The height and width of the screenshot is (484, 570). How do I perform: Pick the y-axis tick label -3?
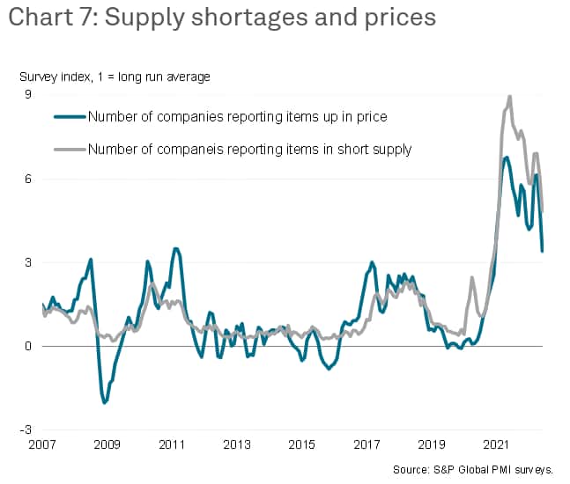[x=26, y=429]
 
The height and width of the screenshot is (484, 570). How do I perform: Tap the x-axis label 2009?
[x=107, y=445]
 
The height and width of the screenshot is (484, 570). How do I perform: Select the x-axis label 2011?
[x=173, y=445]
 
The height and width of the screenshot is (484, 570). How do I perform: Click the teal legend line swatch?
[x=70, y=116]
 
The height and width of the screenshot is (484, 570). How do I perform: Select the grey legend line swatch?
[x=70, y=150]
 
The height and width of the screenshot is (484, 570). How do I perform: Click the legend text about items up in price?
[x=238, y=116]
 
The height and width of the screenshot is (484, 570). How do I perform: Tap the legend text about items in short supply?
[x=250, y=150]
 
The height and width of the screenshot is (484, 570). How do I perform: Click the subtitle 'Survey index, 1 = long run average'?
[x=115, y=77]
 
